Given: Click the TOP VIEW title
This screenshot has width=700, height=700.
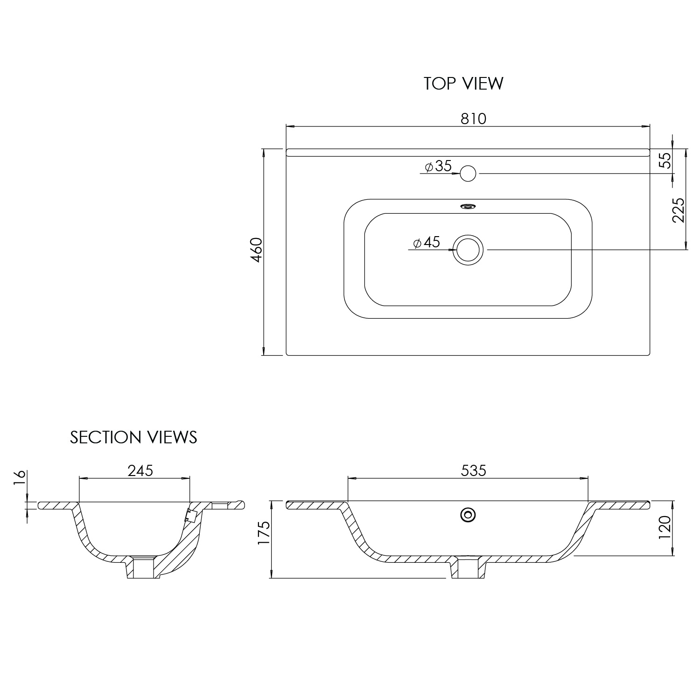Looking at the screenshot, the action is (x=463, y=84).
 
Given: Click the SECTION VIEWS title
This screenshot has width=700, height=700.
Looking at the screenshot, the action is (x=133, y=437).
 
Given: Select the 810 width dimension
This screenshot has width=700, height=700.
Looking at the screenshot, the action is (x=474, y=119).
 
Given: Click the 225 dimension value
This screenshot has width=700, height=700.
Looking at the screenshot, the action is (x=679, y=210).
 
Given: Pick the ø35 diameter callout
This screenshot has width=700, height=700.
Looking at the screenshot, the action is (x=439, y=166).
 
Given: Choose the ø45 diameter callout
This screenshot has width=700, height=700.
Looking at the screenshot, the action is (x=427, y=242).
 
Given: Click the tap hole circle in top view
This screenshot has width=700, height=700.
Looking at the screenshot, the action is (x=468, y=174).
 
